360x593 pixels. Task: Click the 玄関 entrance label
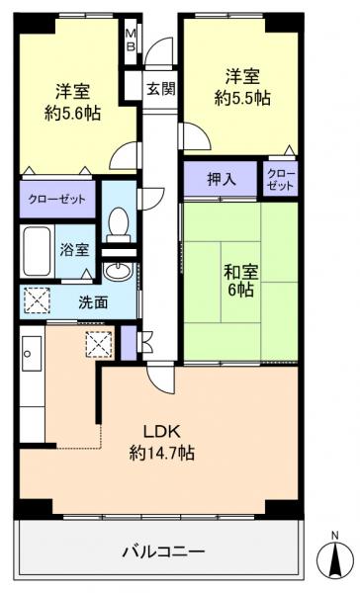(x=161, y=88)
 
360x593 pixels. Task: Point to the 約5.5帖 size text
(x=240, y=99)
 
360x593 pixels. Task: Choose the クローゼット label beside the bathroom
(x=55, y=200)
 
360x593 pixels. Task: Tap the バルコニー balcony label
(x=163, y=550)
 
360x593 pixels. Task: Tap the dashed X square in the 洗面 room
(x=38, y=299)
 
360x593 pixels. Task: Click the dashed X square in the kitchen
(x=99, y=345)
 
